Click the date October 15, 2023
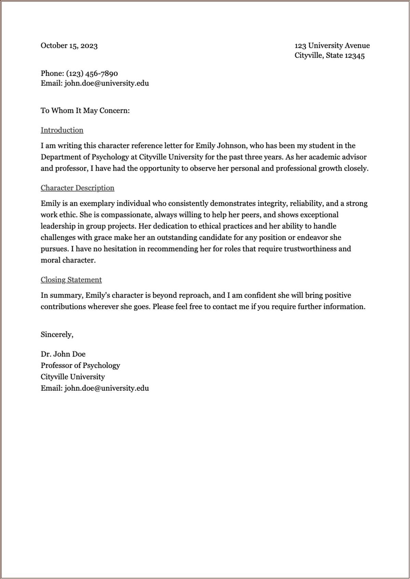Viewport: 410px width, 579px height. coord(69,46)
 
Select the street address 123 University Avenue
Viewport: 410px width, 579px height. coord(332,46)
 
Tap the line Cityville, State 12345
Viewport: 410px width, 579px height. coord(329,56)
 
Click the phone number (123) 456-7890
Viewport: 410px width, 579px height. coord(92,73)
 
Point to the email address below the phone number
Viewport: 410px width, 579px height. coord(107,83)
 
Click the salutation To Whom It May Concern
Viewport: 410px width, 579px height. coord(85,111)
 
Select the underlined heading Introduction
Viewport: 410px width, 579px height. coord(62,130)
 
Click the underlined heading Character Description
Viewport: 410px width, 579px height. coord(77,188)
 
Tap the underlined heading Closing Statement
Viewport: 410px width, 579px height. coord(71,280)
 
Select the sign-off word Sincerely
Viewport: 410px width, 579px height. coord(57,334)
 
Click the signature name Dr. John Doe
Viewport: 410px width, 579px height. coord(63,354)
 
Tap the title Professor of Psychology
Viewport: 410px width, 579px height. coord(80,365)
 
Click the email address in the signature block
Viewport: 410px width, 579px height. coord(107,388)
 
